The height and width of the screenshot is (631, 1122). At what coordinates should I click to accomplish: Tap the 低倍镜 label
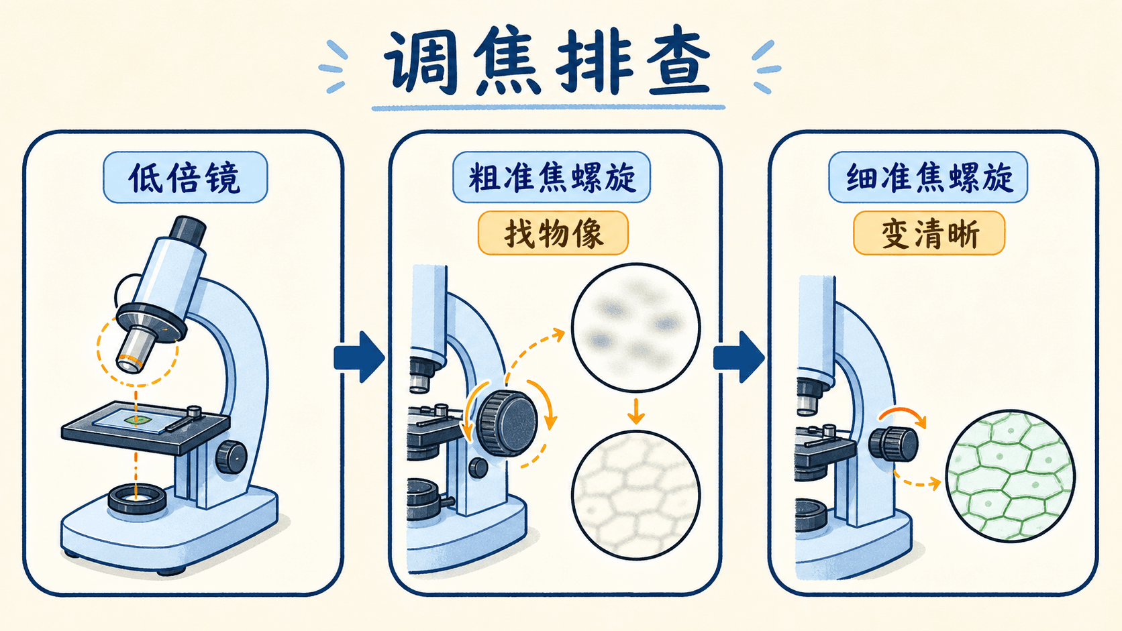tap(185, 177)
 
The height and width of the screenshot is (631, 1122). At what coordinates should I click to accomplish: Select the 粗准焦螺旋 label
tap(552, 177)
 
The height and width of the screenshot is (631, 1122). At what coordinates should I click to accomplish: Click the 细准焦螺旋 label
tap(928, 177)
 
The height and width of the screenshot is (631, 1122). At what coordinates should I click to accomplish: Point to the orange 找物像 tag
tap(553, 233)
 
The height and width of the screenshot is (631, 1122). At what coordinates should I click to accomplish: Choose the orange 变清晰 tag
tap(929, 233)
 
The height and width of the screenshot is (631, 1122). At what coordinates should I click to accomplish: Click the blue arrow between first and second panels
tap(359, 357)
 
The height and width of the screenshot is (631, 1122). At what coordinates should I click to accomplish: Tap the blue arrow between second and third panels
tap(739, 357)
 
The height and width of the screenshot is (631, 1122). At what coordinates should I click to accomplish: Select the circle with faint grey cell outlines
tap(635, 496)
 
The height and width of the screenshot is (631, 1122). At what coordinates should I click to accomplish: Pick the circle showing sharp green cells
tap(1011, 476)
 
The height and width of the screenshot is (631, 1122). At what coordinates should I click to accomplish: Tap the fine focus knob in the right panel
tap(893, 444)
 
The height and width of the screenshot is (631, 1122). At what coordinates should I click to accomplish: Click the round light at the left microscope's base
tap(137, 498)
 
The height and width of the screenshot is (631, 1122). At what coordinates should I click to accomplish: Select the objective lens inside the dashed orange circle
tap(136, 348)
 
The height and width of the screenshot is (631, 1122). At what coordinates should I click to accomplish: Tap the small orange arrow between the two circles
tap(635, 411)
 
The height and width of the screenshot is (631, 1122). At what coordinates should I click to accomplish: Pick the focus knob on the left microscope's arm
tap(232, 457)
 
